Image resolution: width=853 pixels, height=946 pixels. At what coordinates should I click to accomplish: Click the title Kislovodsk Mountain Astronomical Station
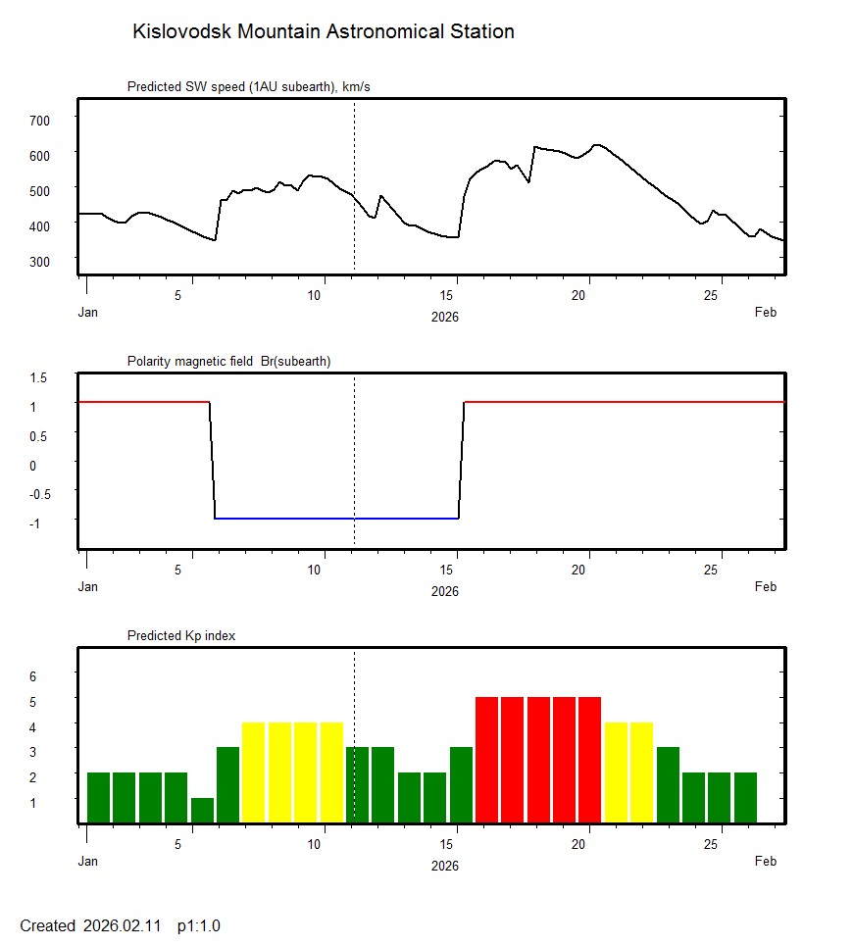323,31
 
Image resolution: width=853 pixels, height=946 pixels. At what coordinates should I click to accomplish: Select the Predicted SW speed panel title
248,87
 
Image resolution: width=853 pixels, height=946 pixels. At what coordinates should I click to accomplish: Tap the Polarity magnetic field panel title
228,362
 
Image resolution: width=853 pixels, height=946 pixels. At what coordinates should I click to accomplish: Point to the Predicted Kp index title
181,636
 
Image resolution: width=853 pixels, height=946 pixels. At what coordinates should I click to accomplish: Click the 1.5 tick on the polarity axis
39,377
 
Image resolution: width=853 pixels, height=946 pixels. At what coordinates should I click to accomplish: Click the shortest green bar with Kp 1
202,811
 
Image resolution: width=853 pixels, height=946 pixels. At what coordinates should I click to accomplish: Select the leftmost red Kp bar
487,760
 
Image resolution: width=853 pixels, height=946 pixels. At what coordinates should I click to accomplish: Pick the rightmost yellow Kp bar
641,772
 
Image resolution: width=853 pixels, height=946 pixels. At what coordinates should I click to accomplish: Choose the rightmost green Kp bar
745,798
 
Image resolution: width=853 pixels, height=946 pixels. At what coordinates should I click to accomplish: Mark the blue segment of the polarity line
336,519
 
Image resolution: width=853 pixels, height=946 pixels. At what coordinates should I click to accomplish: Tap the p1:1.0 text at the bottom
199,925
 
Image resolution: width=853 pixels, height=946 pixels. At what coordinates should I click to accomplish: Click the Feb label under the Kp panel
766,862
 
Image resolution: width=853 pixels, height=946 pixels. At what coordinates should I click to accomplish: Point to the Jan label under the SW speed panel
88,313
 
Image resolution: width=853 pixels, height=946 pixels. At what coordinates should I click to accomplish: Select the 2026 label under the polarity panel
445,591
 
